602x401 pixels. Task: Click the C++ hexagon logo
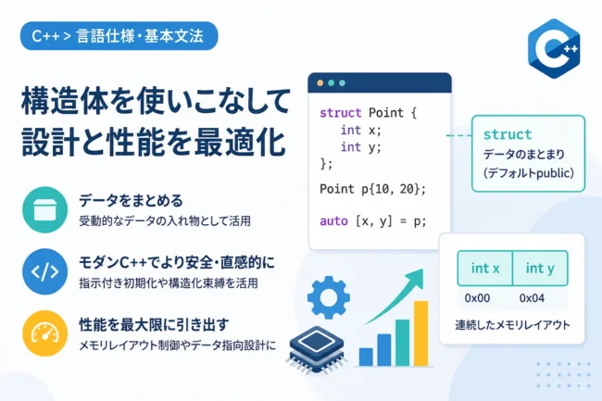point(554,48)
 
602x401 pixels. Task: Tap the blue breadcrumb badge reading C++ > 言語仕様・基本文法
point(119,36)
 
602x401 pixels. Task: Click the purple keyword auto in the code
point(333,221)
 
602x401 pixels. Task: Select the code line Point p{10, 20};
point(373,189)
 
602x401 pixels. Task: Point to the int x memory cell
point(485,269)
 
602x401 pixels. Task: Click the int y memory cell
point(540,269)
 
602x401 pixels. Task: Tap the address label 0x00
point(477,298)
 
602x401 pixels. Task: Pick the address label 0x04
point(532,298)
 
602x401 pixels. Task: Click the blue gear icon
point(329,297)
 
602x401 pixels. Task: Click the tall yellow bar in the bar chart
point(420,333)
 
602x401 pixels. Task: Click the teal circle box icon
point(45,209)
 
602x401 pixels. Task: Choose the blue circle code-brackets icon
point(45,271)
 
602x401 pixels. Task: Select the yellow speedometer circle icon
point(45,333)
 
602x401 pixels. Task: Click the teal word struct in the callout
point(508,134)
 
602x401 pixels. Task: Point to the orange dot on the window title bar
point(320,83)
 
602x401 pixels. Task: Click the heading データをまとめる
point(131,201)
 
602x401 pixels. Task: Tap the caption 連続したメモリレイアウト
point(512,325)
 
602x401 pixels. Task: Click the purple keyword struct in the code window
point(341,113)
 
